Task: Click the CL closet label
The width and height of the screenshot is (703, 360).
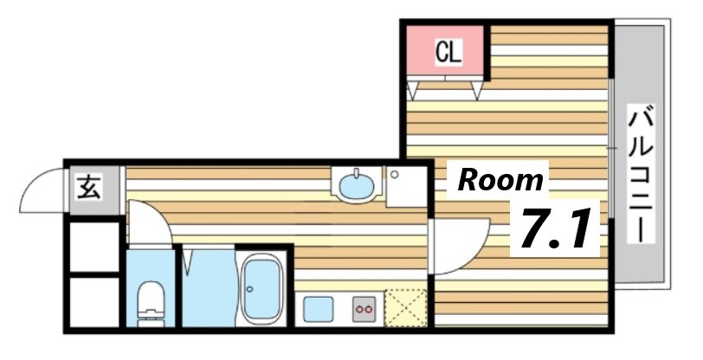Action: click(x=448, y=53)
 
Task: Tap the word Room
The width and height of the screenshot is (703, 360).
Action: click(x=500, y=180)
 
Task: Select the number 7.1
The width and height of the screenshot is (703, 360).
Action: click(x=554, y=228)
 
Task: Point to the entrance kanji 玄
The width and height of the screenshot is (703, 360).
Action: click(x=89, y=188)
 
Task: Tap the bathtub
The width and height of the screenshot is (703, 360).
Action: click(x=261, y=289)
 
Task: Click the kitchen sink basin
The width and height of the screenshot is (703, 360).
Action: click(x=319, y=309)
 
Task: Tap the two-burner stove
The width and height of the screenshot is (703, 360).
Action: click(x=364, y=309)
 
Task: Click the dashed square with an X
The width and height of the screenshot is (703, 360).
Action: click(x=406, y=308)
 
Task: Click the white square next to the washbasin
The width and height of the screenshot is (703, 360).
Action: click(x=406, y=187)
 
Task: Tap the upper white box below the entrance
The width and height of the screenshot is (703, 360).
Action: click(x=94, y=246)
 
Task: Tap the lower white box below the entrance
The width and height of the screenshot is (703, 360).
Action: click(x=94, y=303)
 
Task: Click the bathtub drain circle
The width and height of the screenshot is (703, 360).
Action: click(x=249, y=289)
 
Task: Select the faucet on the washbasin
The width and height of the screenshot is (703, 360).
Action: click(x=357, y=173)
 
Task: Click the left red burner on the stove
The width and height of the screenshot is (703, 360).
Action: click(x=359, y=309)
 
